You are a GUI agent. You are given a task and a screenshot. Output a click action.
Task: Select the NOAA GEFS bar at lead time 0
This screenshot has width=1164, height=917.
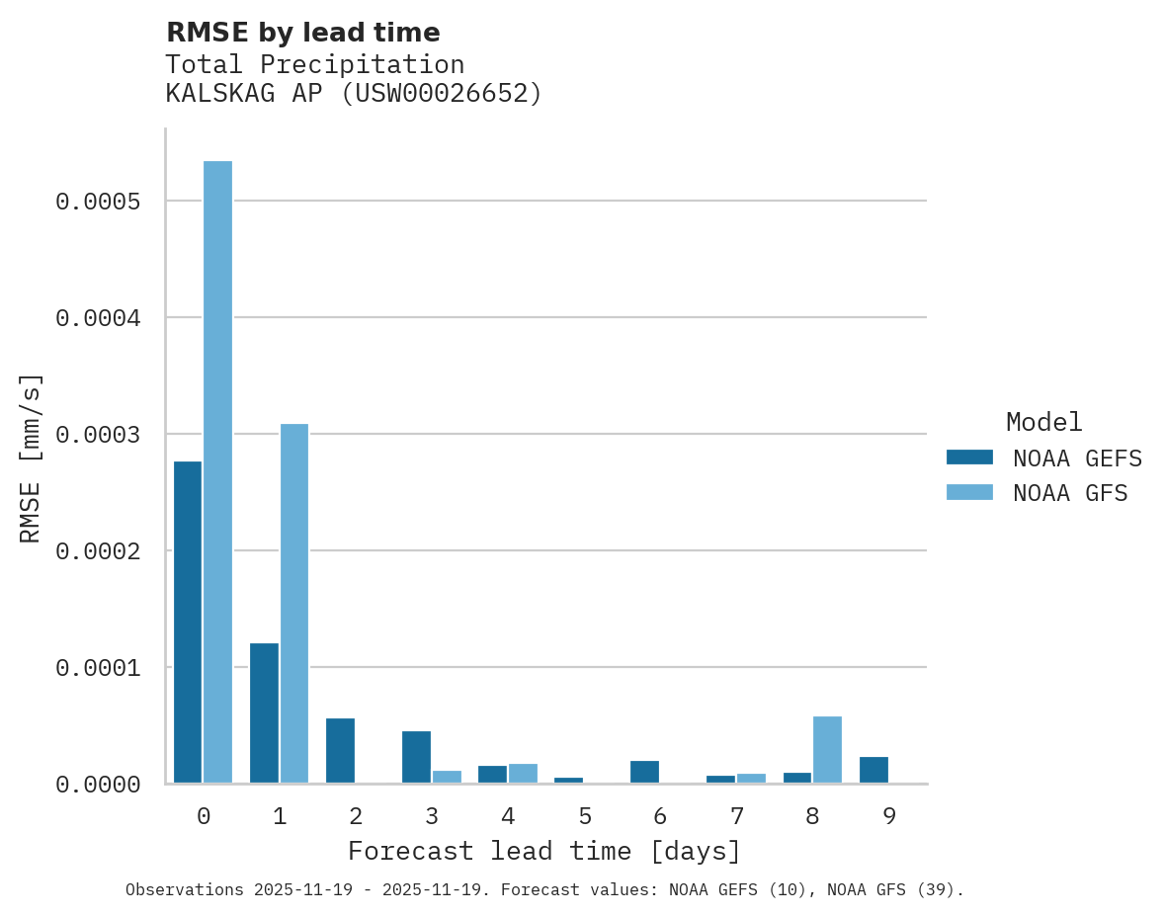pos(188,622)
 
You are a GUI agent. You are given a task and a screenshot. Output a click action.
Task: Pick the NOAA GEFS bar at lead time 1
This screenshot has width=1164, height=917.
pos(264,712)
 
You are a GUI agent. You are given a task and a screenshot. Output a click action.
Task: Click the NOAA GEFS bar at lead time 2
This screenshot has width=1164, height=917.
pos(340,750)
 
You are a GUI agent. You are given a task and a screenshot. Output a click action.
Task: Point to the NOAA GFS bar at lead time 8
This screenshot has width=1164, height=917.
pos(827,749)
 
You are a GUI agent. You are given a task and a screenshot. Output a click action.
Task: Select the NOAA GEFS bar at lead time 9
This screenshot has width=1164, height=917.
pos(873,770)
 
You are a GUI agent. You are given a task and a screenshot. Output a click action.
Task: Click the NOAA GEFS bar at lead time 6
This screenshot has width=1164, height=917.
pos(644,772)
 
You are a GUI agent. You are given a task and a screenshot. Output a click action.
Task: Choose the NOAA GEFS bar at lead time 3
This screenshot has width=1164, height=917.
pos(416,757)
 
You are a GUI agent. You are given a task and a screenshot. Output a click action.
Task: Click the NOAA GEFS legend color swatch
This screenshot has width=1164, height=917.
pos(969,458)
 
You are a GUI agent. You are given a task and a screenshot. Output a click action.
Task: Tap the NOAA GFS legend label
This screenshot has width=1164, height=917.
pos(1069,493)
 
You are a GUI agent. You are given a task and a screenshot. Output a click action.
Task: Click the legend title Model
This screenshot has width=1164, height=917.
pos(1043,422)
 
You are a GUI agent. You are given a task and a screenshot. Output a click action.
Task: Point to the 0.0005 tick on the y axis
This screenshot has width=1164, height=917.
pos(98,202)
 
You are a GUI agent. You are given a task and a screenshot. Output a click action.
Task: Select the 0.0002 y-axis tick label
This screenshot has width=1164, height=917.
pos(98,551)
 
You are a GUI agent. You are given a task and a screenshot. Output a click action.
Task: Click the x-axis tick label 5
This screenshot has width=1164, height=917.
pos(584,816)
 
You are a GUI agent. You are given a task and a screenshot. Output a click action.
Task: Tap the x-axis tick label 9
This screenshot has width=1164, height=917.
pos(889,816)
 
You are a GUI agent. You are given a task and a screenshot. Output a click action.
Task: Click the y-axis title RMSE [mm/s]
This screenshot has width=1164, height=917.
pos(31,458)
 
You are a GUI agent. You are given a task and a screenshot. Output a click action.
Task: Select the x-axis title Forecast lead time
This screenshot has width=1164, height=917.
pos(543,851)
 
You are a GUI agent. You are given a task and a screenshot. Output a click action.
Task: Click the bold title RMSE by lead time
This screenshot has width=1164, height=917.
pos(302,33)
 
